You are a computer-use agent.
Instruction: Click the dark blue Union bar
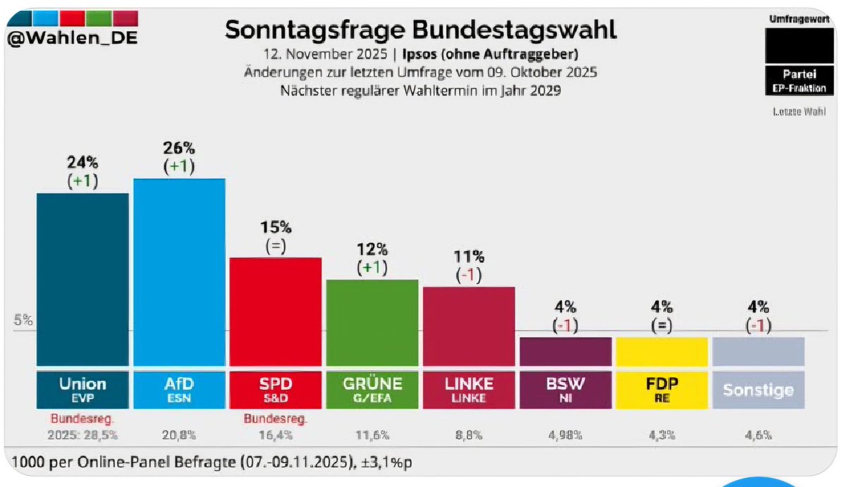[x=82, y=278]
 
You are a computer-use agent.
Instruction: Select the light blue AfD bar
[x=179, y=271]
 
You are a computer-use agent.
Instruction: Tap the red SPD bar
[x=276, y=311]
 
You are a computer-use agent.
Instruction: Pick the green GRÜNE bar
[x=372, y=322]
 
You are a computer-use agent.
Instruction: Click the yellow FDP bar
[x=661, y=351]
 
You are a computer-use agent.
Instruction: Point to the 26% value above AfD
[x=179, y=149]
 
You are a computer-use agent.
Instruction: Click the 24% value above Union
[x=82, y=163]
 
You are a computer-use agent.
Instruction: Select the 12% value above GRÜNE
[x=372, y=249]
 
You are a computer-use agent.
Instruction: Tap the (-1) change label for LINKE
[x=468, y=276]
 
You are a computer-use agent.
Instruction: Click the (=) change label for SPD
[x=276, y=247]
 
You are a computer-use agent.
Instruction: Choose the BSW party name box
[x=565, y=389]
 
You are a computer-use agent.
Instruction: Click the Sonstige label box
[x=758, y=390]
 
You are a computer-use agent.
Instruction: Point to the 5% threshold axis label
[x=23, y=320]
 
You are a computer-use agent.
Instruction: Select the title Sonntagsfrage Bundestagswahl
[x=420, y=30]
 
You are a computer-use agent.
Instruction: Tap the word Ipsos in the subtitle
[x=420, y=54]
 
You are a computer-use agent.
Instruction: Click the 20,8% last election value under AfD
[x=179, y=436]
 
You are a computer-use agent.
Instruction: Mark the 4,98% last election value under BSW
[x=565, y=436]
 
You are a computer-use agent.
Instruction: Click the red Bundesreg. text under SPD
[x=276, y=419]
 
